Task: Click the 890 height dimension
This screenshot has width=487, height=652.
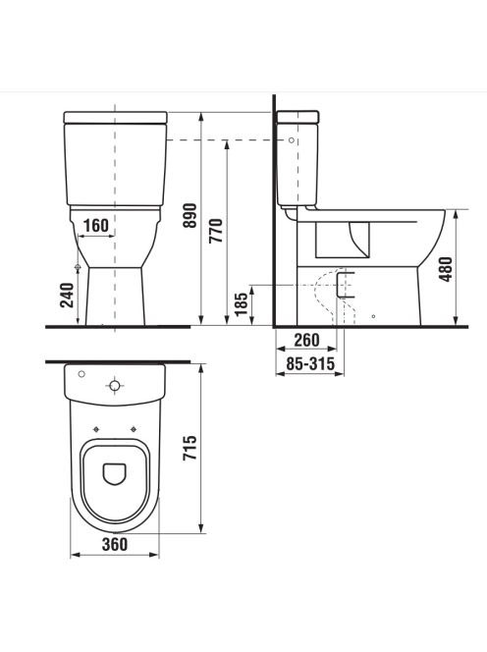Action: (190, 215)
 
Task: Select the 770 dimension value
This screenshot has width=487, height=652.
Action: (216, 231)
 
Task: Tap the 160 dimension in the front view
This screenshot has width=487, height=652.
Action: (96, 226)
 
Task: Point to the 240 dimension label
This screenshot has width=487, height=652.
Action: (68, 295)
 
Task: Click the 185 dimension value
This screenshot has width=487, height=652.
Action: (242, 304)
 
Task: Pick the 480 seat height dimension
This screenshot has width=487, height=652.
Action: (446, 269)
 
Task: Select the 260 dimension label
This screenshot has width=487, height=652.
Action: (306, 340)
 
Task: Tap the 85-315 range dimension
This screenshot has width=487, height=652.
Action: (310, 364)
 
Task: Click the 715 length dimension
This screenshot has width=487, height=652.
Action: (190, 448)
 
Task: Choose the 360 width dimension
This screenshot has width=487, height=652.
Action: (115, 544)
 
